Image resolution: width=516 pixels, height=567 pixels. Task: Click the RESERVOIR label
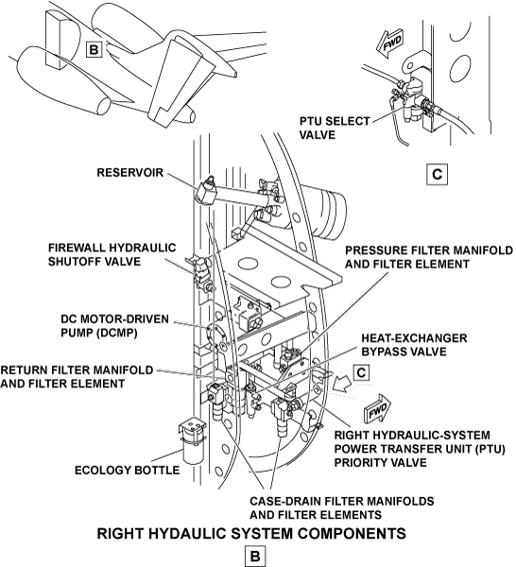pos(129,173)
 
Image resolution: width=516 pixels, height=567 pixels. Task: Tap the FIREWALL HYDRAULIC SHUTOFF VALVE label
pos(112,254)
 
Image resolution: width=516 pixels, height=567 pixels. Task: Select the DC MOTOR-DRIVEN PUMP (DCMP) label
pos(114,326)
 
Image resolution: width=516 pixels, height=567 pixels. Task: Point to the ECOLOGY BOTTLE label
pos(127,470)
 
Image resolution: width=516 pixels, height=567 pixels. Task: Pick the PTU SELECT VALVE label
pos(335,128)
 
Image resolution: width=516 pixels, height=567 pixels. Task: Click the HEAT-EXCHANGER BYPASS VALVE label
pos(414,345)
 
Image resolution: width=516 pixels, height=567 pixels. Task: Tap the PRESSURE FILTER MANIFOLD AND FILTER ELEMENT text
pos(429,257)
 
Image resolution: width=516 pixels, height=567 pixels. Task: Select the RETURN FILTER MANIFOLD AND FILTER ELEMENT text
pos(77,376)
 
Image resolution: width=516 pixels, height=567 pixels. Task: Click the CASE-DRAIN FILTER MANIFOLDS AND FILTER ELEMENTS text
pos(342,507)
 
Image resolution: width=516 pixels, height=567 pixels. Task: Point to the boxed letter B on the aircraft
pos(94,49)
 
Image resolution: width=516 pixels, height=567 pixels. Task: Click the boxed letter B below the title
pos(255,557)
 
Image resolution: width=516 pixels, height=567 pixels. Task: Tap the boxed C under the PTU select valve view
pos(438,174)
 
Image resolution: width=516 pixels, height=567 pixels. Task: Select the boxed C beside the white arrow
pos(361,373)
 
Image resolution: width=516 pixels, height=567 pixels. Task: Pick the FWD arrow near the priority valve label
pos(378,408)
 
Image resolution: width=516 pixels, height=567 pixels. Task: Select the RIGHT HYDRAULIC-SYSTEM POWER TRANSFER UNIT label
pos(420,448)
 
